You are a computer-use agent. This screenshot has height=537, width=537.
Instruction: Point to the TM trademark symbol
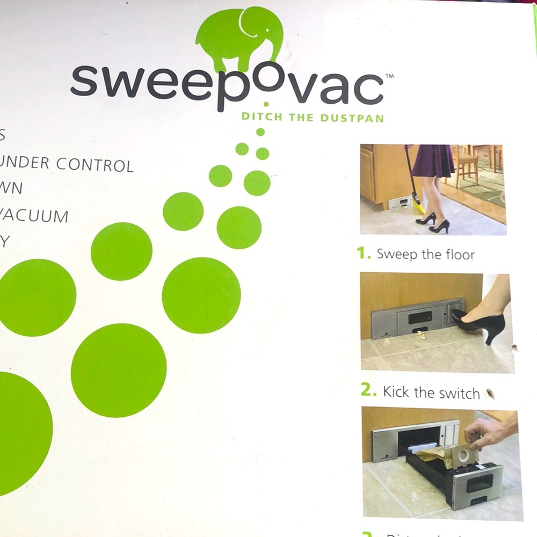pos(390,77)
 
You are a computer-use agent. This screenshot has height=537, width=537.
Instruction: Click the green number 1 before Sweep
pos(364,253)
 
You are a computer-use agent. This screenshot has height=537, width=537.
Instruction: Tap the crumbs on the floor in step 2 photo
pos(421,336)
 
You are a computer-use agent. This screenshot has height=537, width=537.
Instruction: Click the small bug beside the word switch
pos(489,394)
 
